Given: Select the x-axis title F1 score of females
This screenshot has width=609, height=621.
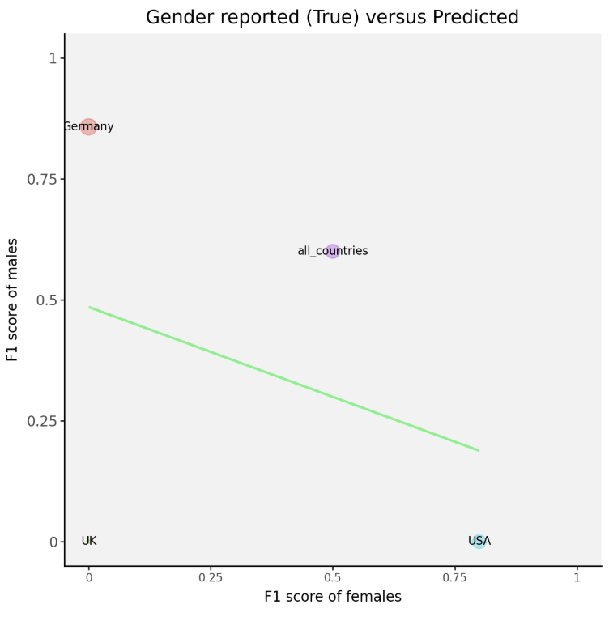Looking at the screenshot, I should point(332,597).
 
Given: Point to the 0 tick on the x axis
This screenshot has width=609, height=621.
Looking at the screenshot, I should point(89,579).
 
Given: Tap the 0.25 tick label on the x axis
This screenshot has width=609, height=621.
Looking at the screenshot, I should point(211,579).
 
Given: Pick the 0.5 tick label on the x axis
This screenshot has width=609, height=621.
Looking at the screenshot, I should point(333,579).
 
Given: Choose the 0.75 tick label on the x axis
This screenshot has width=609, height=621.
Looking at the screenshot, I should point(454,579).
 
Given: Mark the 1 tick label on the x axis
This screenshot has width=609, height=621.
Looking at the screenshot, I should point(577,579).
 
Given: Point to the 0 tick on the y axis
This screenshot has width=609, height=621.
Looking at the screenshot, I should point(53,542).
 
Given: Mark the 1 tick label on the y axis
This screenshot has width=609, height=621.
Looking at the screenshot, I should point(53,58).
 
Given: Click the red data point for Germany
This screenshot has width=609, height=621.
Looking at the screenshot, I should point(88,127).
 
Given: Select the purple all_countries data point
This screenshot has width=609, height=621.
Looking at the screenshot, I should point(333,251).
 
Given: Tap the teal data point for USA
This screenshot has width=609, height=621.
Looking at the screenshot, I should point(479,541).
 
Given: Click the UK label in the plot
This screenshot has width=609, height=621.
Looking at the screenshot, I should point(89,541).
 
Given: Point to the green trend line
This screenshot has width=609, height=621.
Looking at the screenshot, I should point(283,379).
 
